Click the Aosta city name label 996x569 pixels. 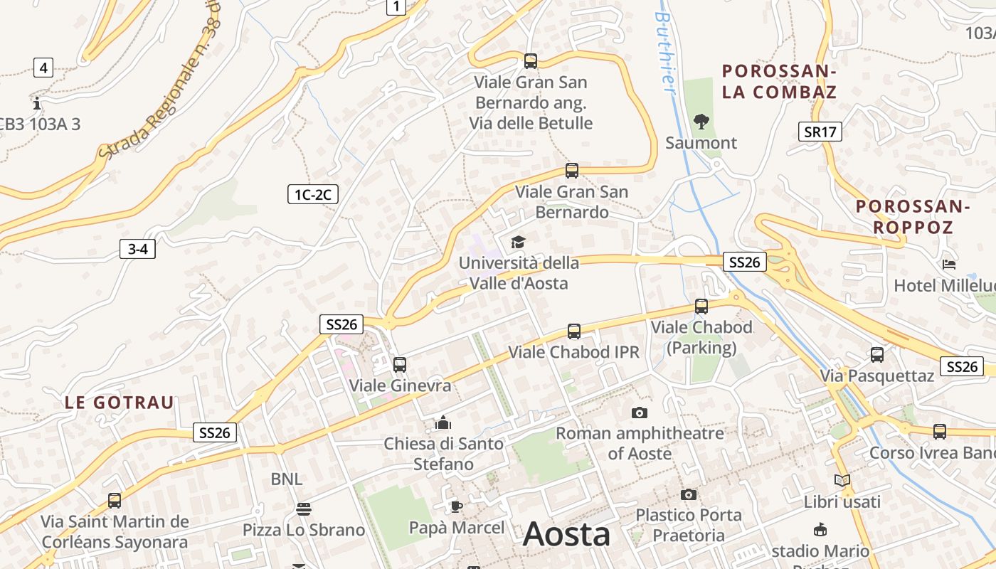[x=566, y=535]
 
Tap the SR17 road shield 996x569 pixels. [x=820, y=132]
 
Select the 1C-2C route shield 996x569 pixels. [x=312, y=194]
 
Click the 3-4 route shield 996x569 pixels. [x=137, y=249]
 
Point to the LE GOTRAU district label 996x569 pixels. [x=120, y=403]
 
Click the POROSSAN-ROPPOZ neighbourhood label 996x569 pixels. [x=913, y=217]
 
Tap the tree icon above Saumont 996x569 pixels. [x=701, y=122]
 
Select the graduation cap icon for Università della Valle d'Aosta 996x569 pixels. [x=518, y=243]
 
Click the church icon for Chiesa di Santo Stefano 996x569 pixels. [x=443, y=424]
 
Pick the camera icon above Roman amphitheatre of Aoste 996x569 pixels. [x=640, y=413]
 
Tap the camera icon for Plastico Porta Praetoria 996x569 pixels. [x=688, y=494]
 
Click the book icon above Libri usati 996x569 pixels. [x=842, y=481]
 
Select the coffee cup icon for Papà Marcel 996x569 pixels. [x=456, y=506]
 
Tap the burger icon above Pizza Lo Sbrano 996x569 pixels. [x=304, y=509]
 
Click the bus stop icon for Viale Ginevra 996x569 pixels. [x=400, y=365]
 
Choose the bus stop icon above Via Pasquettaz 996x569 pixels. [x=877, y=354]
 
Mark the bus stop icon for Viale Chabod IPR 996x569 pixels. [x=574, y=331]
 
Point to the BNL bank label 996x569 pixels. [x=287, y=479]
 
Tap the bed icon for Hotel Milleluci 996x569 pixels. [x=949, y=265]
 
